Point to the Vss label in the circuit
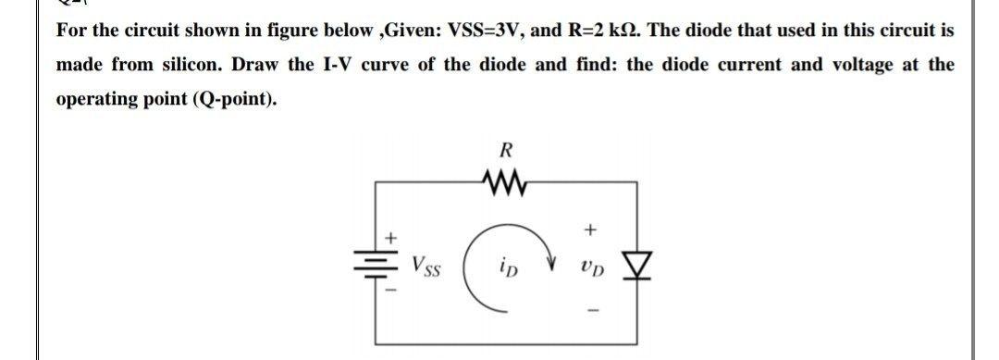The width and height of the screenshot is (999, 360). pos(428,267)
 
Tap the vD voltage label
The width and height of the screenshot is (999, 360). pos(592,268)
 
